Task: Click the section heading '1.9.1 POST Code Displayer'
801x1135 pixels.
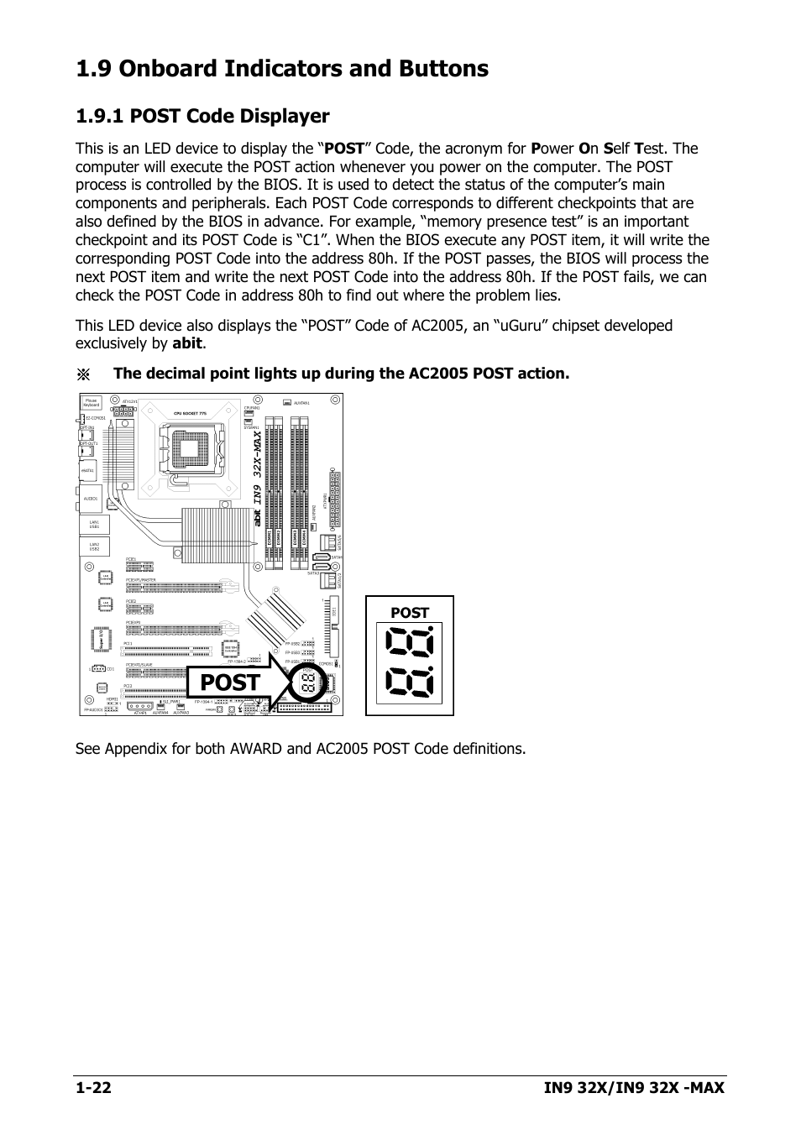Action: pos(202,116)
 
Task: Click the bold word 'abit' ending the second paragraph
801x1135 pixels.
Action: pos(188,343)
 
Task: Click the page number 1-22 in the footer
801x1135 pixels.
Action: pos(93,1088)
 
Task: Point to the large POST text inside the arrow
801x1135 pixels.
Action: pos(231,683)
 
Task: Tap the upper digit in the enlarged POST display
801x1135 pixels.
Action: pos(410,645)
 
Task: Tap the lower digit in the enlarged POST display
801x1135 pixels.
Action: pos(410,682)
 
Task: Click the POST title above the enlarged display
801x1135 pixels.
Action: pos(410,613)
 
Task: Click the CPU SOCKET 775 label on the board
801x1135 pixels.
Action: pos(190,414)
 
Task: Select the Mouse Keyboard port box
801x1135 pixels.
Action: pos(92,404)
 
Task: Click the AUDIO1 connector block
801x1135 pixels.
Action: pos(91,499)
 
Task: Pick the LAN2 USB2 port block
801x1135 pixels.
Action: pos(95,547)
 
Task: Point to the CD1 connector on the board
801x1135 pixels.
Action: pos(99,669)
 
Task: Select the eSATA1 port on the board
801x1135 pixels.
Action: pos(88,471)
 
